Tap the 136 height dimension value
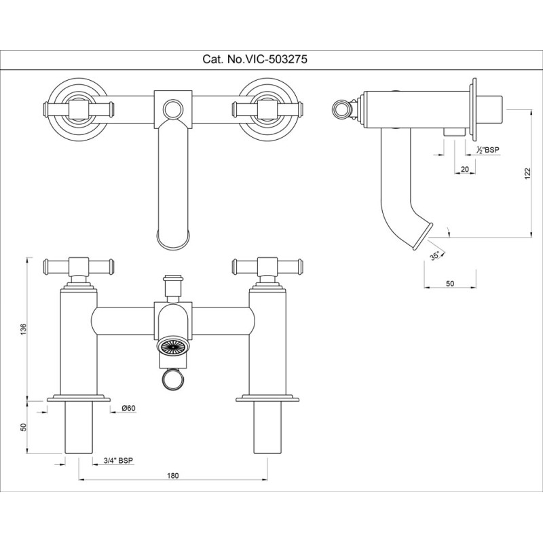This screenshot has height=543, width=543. [24, 329]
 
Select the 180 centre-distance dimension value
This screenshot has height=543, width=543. [172, 476]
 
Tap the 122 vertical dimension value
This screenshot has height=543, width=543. [527, 173]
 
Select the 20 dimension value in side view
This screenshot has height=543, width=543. [465, 170]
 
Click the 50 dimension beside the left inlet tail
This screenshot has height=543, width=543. [24, 428]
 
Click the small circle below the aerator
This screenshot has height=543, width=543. [172, 379]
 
